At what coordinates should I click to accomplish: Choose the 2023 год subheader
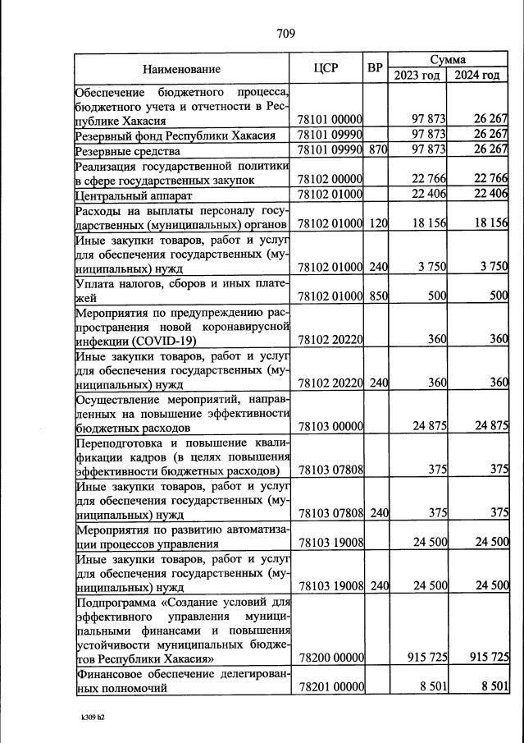coord(417,76)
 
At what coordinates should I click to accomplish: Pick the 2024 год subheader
coord(478,76)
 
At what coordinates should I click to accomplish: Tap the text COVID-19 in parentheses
coord(170,340)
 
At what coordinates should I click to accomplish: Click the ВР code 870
coord(377,151)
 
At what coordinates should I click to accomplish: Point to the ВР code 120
coord(377,224)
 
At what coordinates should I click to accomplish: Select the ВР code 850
coord(377,296)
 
